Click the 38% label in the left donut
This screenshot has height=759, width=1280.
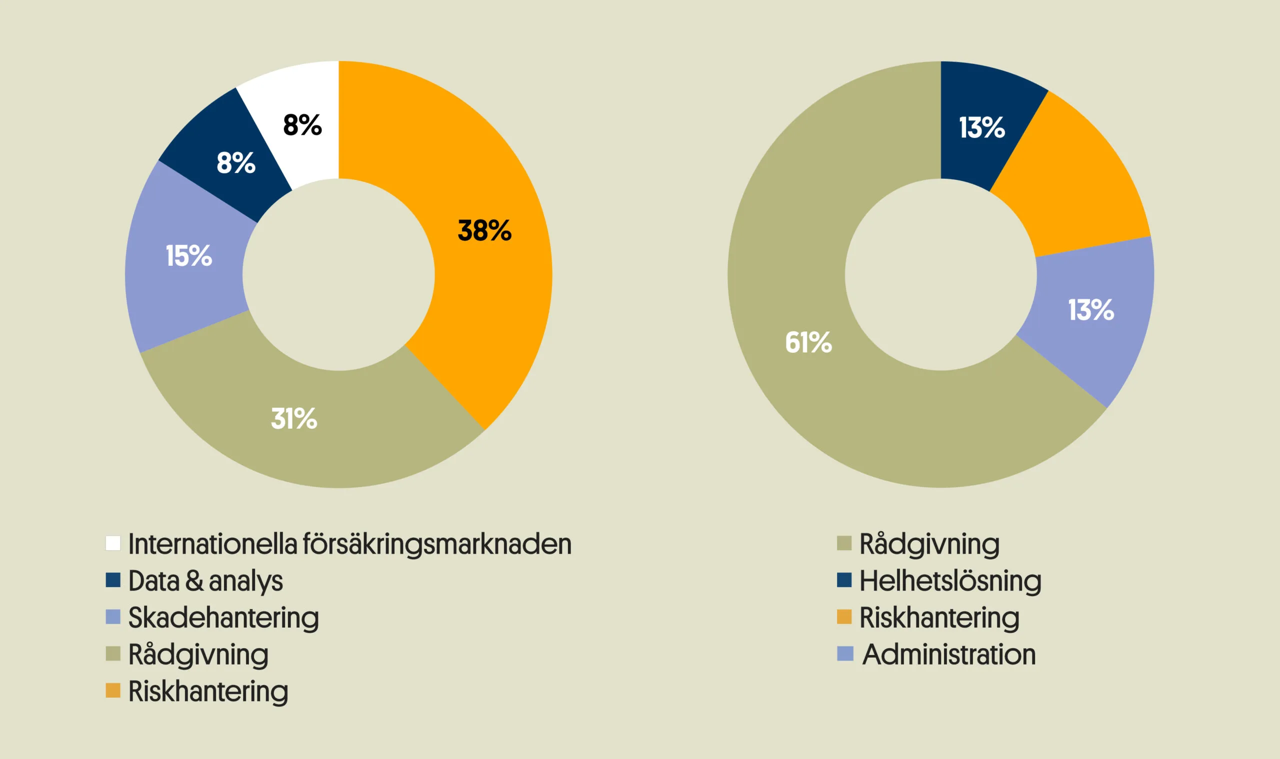[484, 231]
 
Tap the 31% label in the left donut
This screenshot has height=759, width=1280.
[294, 419]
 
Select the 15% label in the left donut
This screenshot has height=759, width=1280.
[188, 256]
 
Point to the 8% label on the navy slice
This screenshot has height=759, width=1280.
[235, 163]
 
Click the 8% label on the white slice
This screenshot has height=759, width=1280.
[302, 125]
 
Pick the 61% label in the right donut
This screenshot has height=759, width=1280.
[808, 343]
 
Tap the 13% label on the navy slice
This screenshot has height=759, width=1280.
[981, 128]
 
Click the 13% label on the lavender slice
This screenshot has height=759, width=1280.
[1090, 310]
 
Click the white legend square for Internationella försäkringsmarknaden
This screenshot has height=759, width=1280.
[113, 543]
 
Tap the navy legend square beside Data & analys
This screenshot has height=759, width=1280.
[113, 580]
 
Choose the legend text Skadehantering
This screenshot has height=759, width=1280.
[223, 618]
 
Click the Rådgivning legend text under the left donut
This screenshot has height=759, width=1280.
[198, 655]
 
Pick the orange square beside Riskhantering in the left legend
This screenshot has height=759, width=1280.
[113, 691]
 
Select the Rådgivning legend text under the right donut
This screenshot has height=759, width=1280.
[929, 544]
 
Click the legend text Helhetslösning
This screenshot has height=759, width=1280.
[950, 581]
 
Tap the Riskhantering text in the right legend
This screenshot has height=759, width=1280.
[939, 618]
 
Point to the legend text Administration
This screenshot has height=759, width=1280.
[949, 655]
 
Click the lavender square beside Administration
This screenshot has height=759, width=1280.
[845, 654]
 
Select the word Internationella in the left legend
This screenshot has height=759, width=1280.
[212, 544]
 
